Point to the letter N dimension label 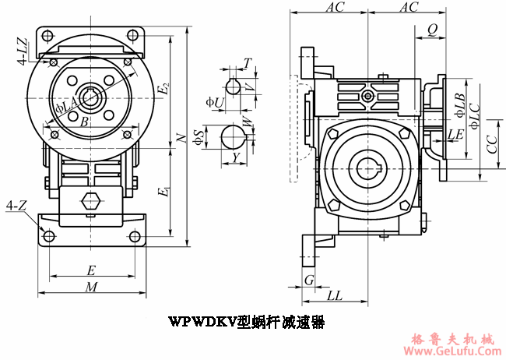point(181,138)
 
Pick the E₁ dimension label point(162,192)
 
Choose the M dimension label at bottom point(91,287)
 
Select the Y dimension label point(236,158)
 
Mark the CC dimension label point(490,145)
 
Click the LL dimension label point(335,295)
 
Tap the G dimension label point(309,279)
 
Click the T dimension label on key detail point(247,62)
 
